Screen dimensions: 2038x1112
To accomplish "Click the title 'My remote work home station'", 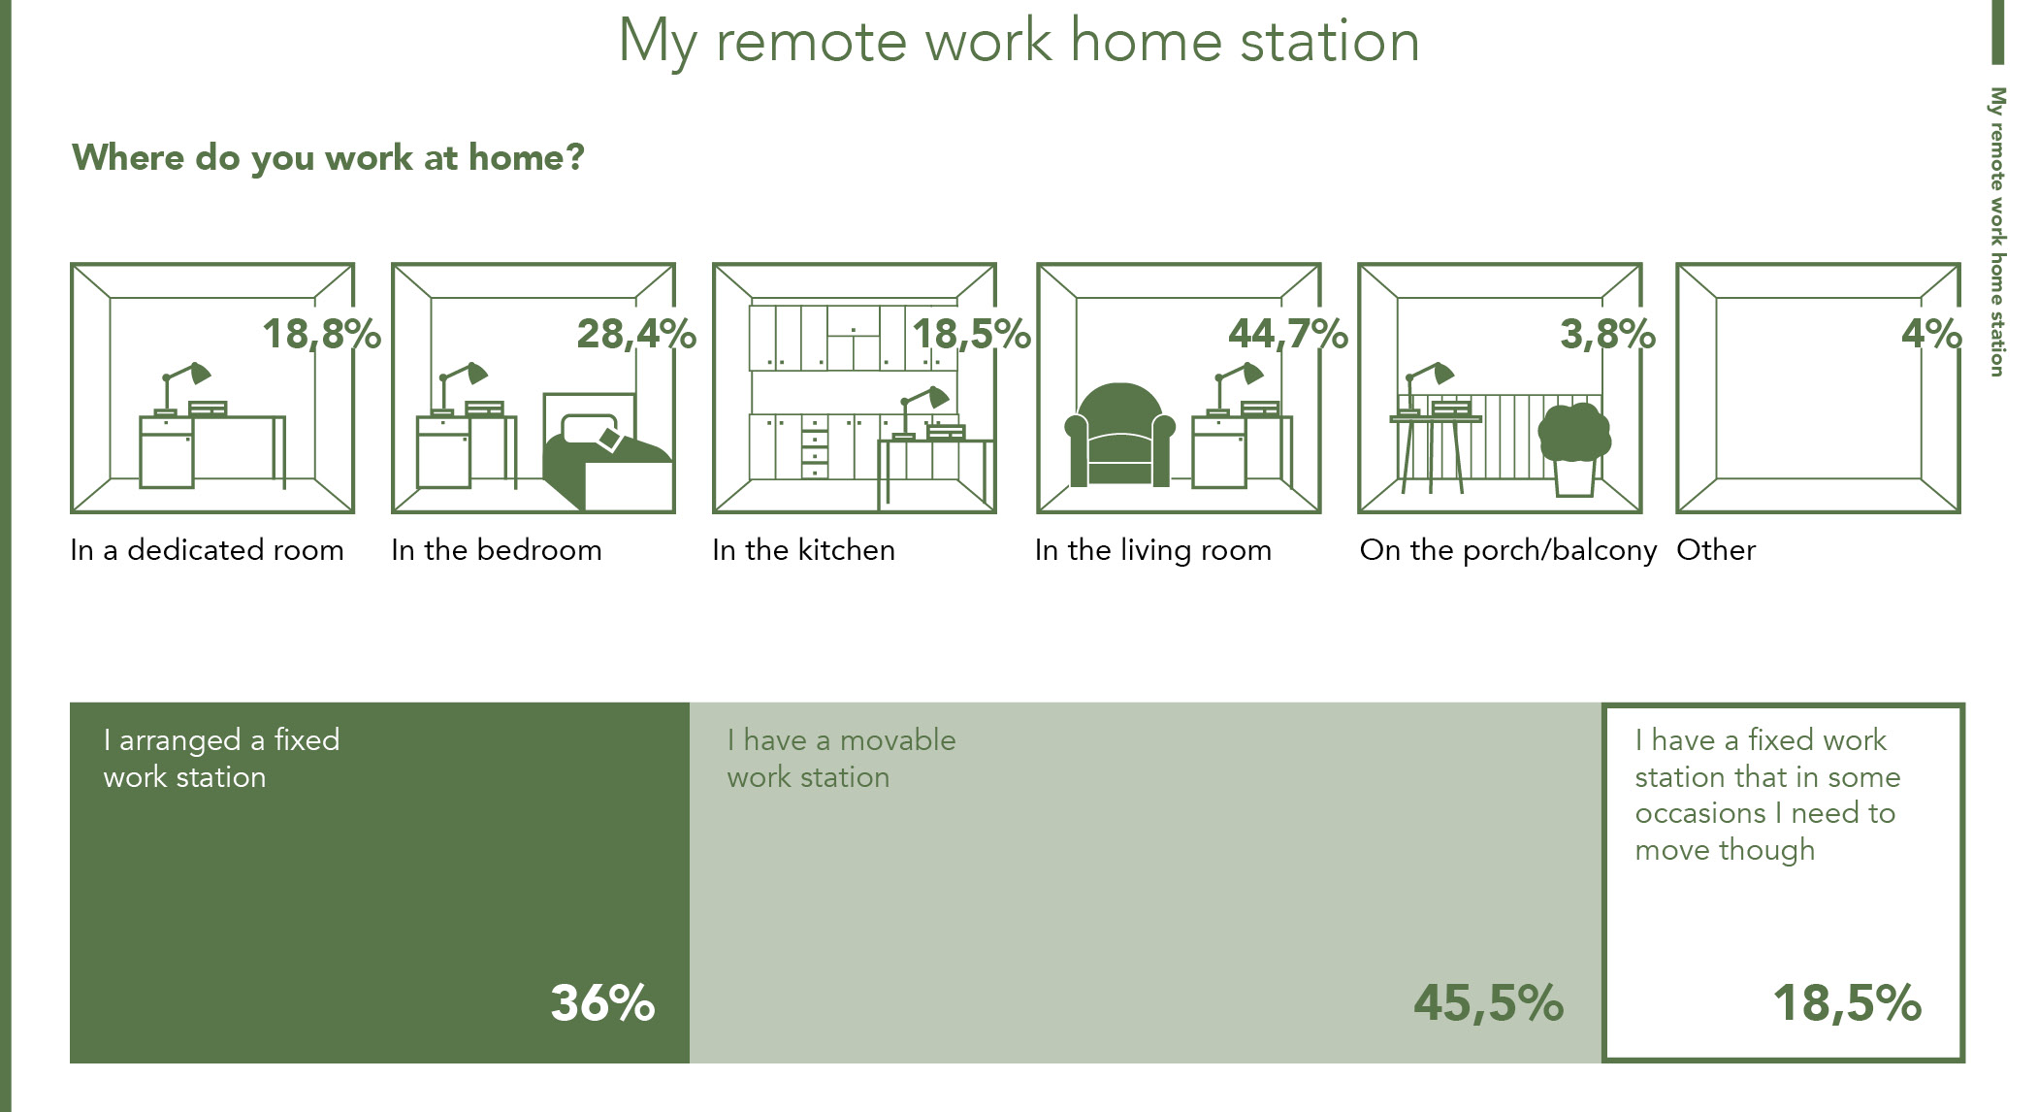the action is (x=1019, y=43).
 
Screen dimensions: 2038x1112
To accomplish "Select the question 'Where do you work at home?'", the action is (x=328, y=158).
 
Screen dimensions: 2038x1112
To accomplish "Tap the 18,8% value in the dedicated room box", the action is (x=322, y=335).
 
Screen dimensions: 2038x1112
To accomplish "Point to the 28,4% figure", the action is (x=636, y=335).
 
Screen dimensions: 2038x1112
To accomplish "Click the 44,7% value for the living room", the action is (x=1288, y=335).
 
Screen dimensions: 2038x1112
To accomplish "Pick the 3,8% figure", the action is (x=1607, y=335).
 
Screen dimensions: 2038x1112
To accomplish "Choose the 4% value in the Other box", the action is (x=1931, y=334).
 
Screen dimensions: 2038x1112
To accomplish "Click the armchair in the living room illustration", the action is (x=1119, y=435).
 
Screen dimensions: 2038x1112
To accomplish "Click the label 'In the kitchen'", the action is (x=803, y=550).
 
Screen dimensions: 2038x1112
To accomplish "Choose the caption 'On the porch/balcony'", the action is (x=1508, y=550).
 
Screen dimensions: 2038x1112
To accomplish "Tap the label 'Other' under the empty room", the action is (x=1716, y=550).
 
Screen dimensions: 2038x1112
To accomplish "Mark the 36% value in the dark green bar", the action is (x=602, y=1003).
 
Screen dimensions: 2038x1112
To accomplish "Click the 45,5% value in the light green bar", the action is (x=1488, y=1003).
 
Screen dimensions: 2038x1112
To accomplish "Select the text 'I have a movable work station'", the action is (x=841, y=759).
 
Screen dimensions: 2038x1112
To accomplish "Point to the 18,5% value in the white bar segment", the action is (x=1847, y=1003).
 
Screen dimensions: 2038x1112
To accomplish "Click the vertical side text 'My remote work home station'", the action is (x=1996, y=232).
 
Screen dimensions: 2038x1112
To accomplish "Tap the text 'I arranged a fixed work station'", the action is (x=221, y=759).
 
